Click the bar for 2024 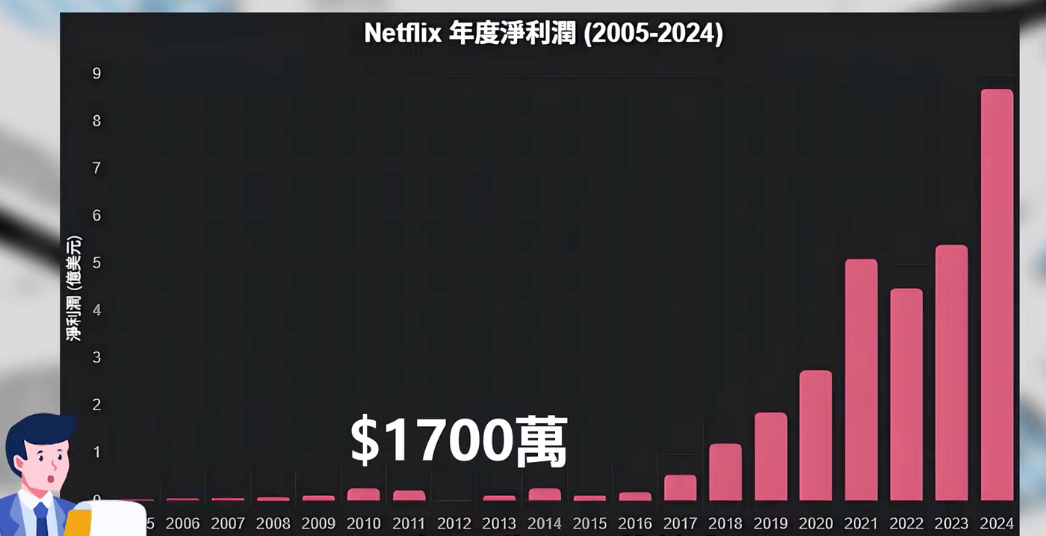point(997,295)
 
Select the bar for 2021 point(861,380)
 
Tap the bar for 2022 point(906,395)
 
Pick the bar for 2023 point(952,372)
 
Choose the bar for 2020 point(816,435)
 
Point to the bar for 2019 point(771,456)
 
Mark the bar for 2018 point(725,472)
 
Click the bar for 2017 point(681,487)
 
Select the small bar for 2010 point(364,494)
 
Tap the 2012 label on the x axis point(454,523)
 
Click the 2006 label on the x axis point(182,523)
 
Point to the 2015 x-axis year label point(589,523)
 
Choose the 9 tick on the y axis point(96,73)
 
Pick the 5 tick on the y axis point(96,262)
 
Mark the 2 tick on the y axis point(96,404)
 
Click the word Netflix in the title point(403,33)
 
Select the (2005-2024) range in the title point(653,34)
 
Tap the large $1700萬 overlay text point(459,440)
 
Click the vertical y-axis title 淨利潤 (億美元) point(74,288)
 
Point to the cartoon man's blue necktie point(41,519)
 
